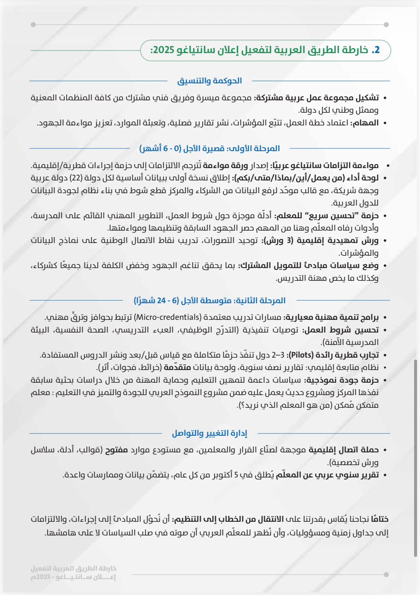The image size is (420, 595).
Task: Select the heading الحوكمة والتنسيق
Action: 210,81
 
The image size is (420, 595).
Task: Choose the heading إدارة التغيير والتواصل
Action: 210,433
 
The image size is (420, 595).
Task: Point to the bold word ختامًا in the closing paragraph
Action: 379,519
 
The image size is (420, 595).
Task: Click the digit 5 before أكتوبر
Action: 236,475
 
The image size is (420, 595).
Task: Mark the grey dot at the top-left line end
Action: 33,25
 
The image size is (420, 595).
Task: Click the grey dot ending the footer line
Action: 386,575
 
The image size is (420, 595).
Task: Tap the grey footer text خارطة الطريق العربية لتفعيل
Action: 74,569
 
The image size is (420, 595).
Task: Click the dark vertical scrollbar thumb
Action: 416,457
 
